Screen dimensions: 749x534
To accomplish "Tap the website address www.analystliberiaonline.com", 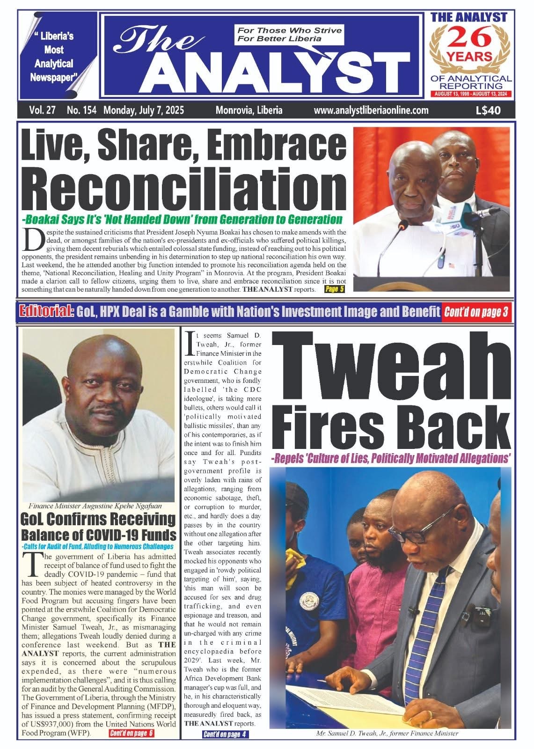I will click(371, 110).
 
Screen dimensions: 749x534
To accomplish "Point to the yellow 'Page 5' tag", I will click(335, 289).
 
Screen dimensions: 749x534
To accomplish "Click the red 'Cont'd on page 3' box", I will click(476, 312).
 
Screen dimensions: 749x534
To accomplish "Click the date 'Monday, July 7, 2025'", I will click(144, 110).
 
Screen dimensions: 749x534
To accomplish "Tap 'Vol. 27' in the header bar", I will click(43, 110).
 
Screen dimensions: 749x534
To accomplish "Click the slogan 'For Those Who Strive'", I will click(289, 30).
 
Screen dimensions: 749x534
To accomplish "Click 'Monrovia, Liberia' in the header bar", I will click(249, 110).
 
